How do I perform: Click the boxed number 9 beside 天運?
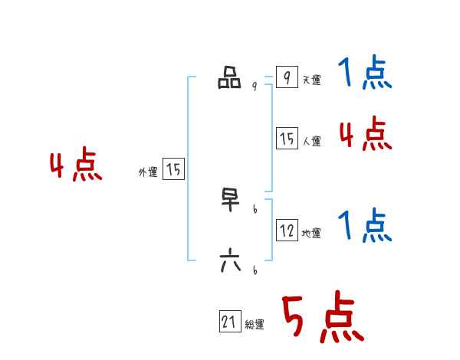coord(286,78)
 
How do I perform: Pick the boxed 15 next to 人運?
coord(287,139)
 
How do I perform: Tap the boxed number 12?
coord(287,231)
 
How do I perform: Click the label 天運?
coord(311,80)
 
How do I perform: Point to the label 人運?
coord(311,142)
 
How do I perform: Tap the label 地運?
coord(311,234)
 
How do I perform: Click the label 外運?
coord(148,173)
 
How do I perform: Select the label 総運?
coord(255,326)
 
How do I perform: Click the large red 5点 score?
coord(321,318)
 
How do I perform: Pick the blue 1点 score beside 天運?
coord(365,74)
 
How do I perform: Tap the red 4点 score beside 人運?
coord(365,134)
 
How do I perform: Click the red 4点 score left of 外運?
coord(76,166)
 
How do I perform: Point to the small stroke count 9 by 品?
coord(254,87)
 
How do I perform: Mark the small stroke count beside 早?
coord(254,208)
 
